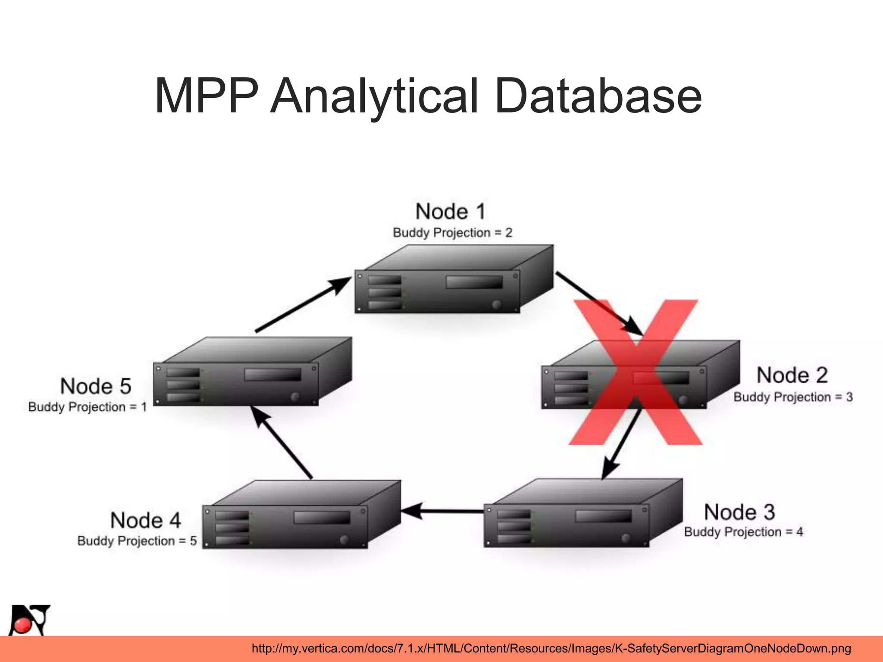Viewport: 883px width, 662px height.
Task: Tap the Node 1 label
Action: point(451,212)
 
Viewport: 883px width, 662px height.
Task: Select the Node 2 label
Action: point(792,375)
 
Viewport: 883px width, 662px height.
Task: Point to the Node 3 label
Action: point(739,512)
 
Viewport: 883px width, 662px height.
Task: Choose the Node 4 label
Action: point(146,520)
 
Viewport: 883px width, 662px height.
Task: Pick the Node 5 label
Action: point(96,386)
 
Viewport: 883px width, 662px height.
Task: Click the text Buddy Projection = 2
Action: point(452,233)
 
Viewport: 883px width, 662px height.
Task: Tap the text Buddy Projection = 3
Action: point(793,397)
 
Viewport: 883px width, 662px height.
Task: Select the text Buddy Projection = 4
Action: point(743,532)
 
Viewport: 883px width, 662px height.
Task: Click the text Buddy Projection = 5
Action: point(137,541)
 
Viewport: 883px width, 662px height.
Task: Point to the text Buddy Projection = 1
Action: point(88,407)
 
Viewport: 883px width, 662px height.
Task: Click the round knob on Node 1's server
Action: point(497,304)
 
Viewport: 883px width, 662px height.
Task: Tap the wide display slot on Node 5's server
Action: point(272,374)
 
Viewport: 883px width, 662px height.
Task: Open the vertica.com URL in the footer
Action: point(551,649)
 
